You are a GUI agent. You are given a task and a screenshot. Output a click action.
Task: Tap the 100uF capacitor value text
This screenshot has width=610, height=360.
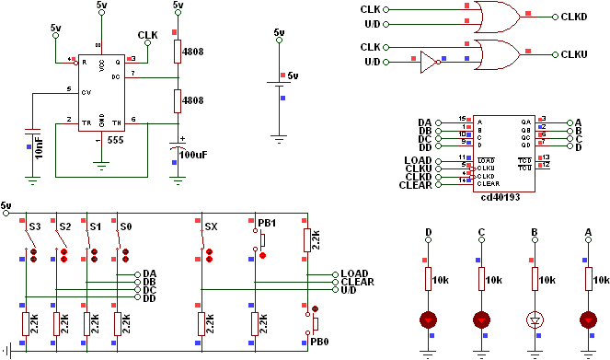[x=193, y=155]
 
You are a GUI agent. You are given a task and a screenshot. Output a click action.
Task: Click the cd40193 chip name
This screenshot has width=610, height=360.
[x=501, y=196]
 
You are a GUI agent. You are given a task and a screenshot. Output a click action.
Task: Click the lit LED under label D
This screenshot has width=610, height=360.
[x=428, y=320]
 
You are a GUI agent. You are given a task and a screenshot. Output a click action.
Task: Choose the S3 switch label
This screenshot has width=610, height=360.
[x=34, y=226]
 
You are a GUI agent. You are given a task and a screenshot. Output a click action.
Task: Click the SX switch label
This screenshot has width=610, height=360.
[x=211, y=226]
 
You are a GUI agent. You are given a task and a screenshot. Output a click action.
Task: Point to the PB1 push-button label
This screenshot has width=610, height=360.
[x=266, y=223]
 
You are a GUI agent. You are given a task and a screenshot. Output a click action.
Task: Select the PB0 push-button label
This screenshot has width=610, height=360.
[x=319, y=342]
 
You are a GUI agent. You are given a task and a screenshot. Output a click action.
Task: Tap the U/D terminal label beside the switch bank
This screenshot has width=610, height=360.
[x=350, y=290]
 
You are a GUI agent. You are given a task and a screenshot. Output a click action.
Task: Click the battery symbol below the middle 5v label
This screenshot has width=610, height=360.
[x=279, y=86]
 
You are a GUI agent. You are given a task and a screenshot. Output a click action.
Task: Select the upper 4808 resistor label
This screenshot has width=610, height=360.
[x=193, y=52]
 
